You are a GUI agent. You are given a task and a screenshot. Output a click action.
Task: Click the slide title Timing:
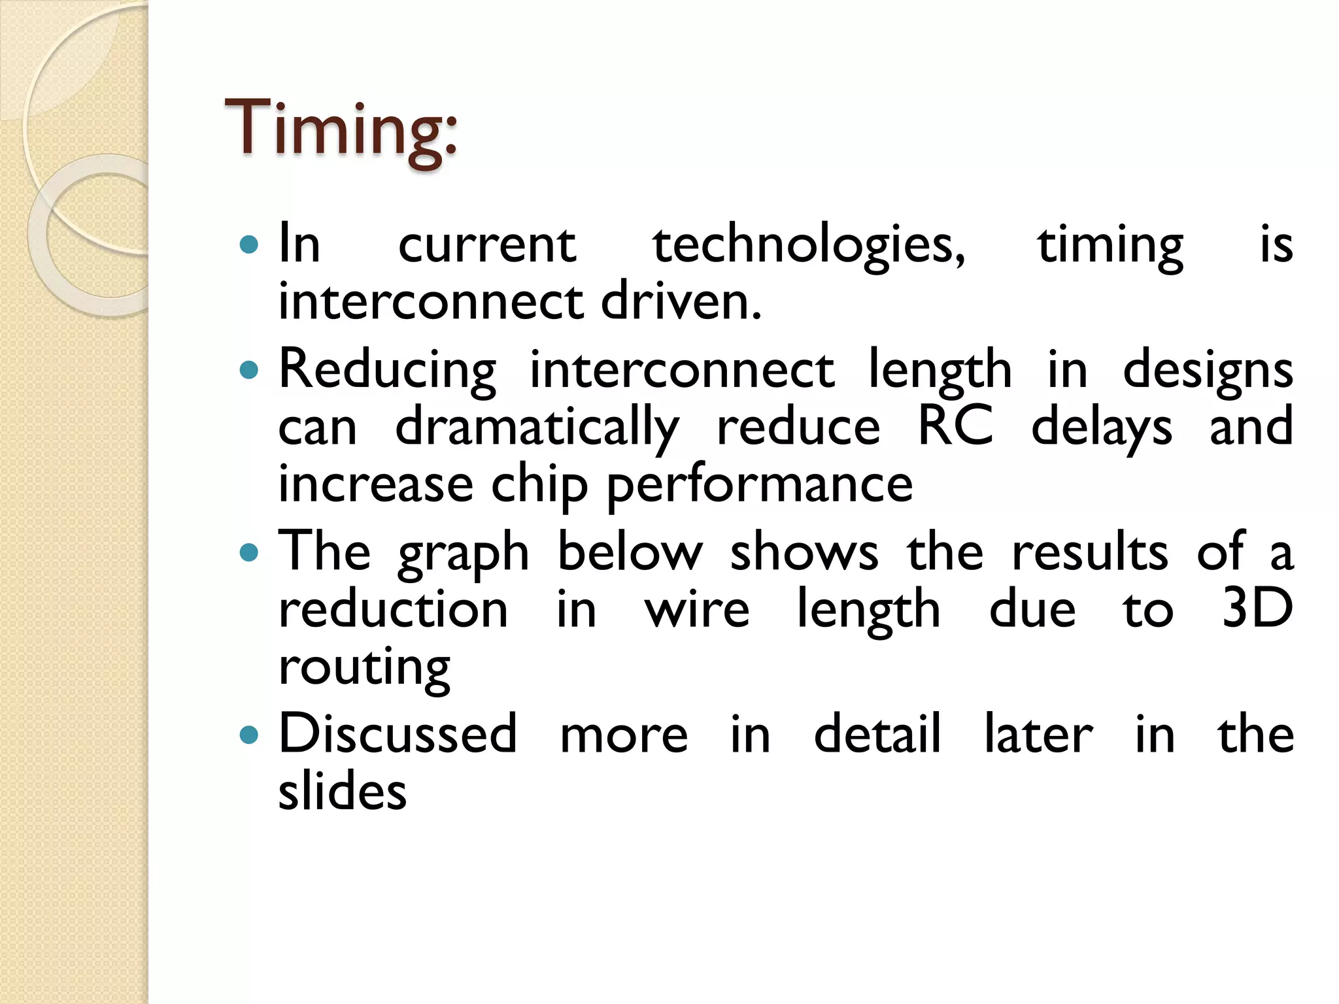[x=340, y=129]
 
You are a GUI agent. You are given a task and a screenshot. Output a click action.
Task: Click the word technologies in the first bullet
[x=808, y=246]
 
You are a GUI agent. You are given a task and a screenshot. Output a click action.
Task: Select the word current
[x=487, y=246]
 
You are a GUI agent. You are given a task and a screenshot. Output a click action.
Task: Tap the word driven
[x=681, y=302]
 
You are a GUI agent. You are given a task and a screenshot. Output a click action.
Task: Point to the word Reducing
[x=388, y=370]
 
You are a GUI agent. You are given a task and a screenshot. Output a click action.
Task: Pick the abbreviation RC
[x=955, y=426]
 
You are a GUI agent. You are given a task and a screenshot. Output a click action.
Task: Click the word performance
[x=760, y=485]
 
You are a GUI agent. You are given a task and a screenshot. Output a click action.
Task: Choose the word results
[x=1089, y=553]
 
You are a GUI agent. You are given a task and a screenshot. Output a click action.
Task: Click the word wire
[x=697, y=609]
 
